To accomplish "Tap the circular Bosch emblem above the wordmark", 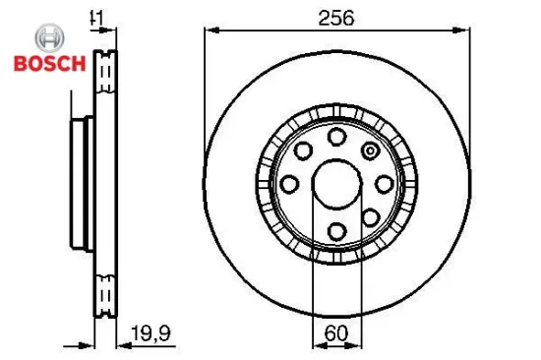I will tap(46, 38).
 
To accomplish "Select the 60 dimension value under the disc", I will tap(335, 332).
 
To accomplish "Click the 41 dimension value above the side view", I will tap(96, 17).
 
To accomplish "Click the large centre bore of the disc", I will tap(335, 183).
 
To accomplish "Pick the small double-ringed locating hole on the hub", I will tap(370, 150).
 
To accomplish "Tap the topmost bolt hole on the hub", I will tap(335, 136).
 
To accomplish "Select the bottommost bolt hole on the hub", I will tap(335, 230).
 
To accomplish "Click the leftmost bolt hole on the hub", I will tap(289, 183).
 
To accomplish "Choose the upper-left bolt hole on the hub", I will tap(302, 150).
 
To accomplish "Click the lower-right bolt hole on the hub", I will tap(369, 216).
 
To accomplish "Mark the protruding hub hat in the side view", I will tap(79, 183).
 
